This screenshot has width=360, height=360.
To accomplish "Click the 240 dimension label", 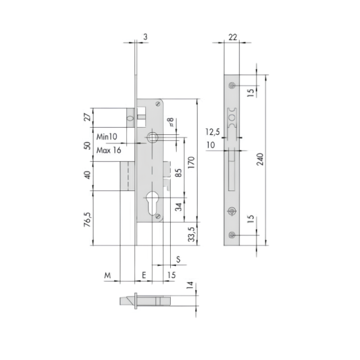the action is tap(260, 159).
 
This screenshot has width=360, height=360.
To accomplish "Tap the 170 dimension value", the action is tap(191, 162).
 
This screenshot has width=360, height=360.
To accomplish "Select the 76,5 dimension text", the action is tap(88, 219).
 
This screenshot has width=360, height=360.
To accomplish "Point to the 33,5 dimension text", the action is tap(192, 234).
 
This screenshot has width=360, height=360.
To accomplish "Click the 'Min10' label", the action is tap(107, 137).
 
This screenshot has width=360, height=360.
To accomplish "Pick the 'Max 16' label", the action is tap(109, 151).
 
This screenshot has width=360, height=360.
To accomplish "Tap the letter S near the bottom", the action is tap(178, 259).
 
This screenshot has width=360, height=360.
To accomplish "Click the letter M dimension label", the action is tap(107, 275).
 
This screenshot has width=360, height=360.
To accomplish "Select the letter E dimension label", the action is tap(144, 275).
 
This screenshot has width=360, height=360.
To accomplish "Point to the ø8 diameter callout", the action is tap(171, 122).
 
